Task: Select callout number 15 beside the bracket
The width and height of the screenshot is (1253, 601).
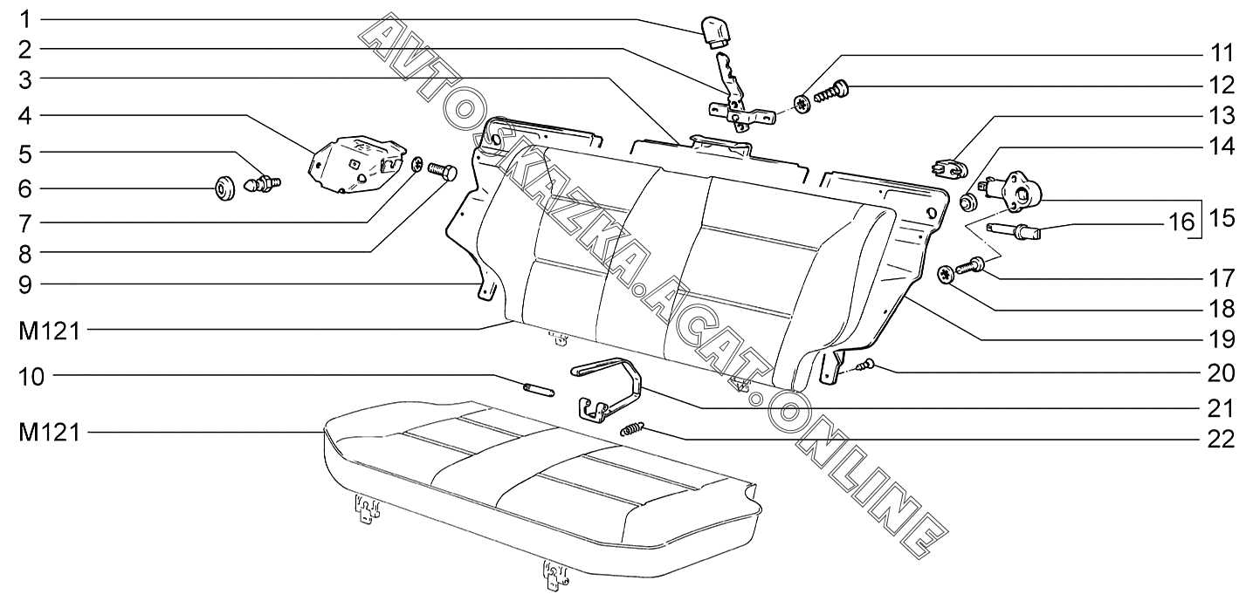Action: pos(1222,218)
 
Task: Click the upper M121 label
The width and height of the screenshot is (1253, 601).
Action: pos(49,330)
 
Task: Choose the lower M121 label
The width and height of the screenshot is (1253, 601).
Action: pos(49,432)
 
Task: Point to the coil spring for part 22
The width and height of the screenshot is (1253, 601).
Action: pos(633,429)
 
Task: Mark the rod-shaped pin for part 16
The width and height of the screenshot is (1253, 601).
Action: pos(1010,232)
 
